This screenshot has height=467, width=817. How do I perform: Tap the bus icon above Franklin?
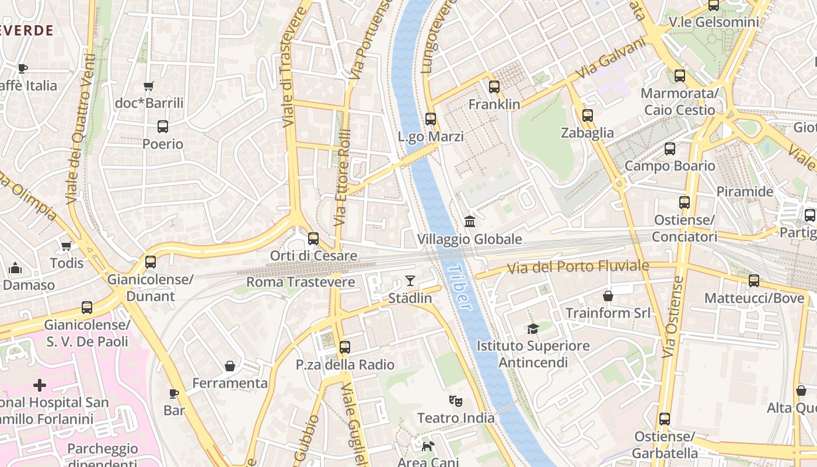tap(494, 87)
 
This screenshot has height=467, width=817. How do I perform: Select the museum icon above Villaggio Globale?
tap(470, 221)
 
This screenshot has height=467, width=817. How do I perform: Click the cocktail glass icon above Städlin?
tap(410, 281)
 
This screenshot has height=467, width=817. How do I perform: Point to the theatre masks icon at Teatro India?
tap(456, 400)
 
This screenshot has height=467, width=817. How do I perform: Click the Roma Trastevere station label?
tap(301, 283)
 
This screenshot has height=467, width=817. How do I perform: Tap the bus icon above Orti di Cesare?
tap(313, 238)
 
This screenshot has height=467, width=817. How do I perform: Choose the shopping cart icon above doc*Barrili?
tap(149, 86)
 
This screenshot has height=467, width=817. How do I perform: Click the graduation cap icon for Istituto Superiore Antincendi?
tap(532, 329)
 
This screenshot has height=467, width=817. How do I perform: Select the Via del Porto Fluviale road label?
tap(578, 267)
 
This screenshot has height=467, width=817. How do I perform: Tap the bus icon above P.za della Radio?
tap(345, 347)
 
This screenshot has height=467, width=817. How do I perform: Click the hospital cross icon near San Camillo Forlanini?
tap(40, 385)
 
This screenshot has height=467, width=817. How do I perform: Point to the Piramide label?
tap(745, 191)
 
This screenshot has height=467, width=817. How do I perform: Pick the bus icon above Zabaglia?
tap(588, 116)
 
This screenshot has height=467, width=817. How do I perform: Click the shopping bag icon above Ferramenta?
tap(230, 366)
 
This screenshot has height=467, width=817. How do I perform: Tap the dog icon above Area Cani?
tap(428, 447)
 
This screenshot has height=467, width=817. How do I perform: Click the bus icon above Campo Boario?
tap(670, 149)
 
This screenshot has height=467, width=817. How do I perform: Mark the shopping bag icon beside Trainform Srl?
tap(608, 296)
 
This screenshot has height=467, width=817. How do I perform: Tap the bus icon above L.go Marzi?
tap(431, 119)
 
